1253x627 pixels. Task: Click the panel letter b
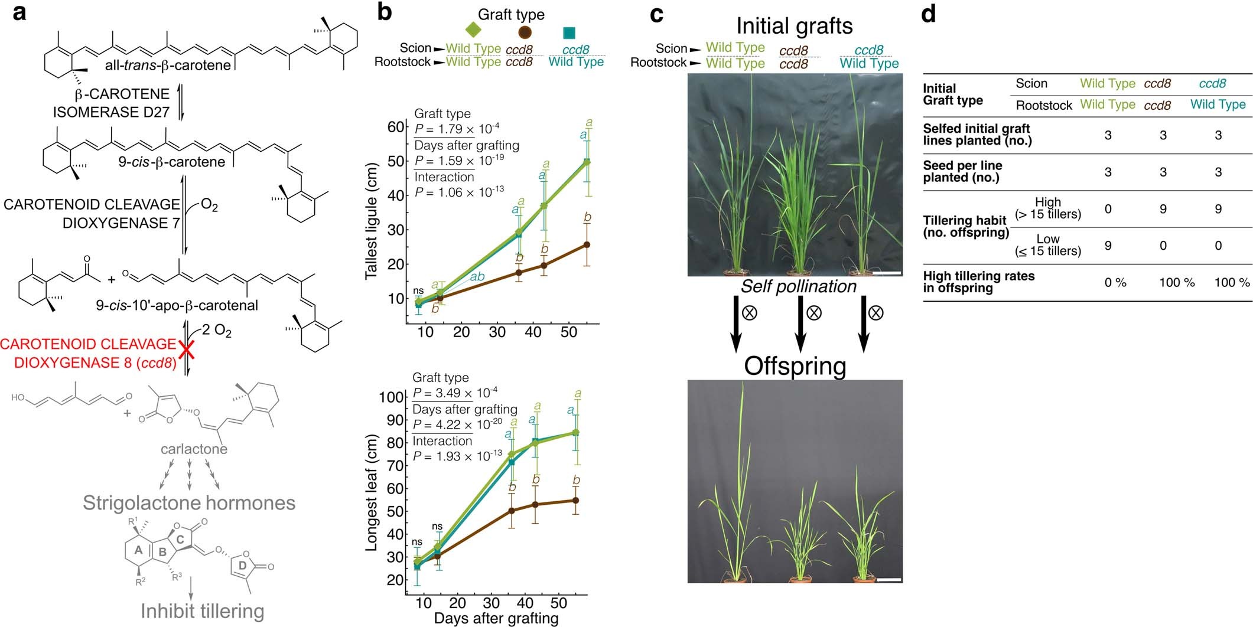385,11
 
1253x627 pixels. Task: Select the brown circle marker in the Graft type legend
525,32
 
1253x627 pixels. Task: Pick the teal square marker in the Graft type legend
569,32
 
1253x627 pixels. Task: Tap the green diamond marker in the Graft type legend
473,29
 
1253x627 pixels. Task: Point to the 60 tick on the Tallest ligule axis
396,128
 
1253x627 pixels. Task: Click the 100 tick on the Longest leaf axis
391,397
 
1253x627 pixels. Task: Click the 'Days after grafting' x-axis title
496,618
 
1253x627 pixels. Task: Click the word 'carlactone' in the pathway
194,449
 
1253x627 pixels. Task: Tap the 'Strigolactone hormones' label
189,503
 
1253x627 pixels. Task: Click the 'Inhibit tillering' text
202,611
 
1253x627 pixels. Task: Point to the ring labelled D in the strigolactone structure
243,566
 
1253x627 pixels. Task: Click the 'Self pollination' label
798,286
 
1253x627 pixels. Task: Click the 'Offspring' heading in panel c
795,366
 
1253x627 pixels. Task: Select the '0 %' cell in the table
1115,283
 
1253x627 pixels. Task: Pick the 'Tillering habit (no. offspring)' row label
965,226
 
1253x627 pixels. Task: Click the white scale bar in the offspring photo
889,580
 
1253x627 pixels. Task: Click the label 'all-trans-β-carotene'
168,65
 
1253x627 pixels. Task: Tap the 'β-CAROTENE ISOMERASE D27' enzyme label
111,103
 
